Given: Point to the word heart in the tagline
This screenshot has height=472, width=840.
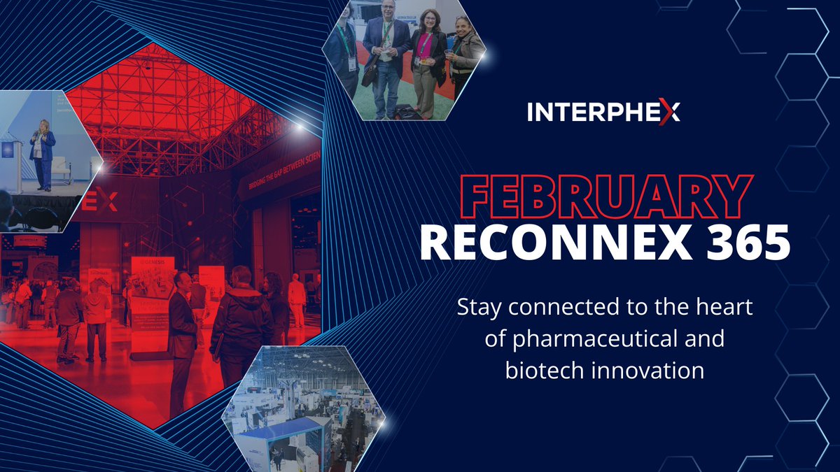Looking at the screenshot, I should [727, 307].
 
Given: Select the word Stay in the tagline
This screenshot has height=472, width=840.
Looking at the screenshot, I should [479, 307].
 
